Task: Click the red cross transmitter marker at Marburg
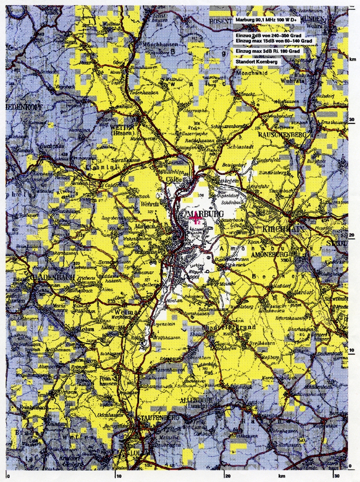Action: (197, 220)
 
